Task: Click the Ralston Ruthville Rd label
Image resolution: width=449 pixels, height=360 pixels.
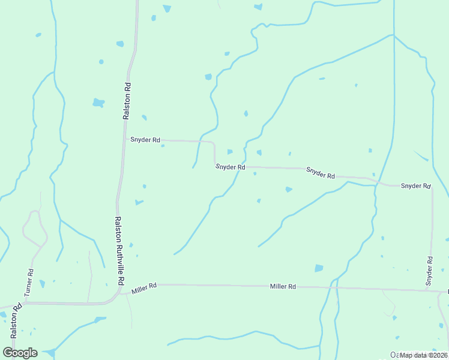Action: point(119,251)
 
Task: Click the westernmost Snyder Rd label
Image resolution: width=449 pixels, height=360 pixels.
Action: point(145,140)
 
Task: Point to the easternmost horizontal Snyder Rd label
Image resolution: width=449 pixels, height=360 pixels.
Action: point(415,186)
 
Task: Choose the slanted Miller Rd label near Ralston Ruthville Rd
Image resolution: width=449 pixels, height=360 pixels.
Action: point(144,289)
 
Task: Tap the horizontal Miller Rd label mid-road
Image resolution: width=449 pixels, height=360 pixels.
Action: point(283,287)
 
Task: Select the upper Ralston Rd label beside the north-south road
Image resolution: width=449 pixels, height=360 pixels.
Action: point(127,100)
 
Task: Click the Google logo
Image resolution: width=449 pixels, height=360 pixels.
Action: point(20,352)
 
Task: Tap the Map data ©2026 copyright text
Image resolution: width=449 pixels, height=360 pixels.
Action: point(423,355)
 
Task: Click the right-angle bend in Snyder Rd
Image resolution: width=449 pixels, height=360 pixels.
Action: point(214,143)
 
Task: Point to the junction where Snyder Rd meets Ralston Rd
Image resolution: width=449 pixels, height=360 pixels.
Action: point(124,140)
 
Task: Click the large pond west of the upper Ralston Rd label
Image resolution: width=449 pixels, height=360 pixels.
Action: point(98,103)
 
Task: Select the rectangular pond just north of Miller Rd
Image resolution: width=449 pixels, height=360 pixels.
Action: point(319,268)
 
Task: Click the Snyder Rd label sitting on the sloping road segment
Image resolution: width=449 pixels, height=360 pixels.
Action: point(320,173)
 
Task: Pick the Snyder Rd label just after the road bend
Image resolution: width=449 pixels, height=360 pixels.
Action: point(231,167)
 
